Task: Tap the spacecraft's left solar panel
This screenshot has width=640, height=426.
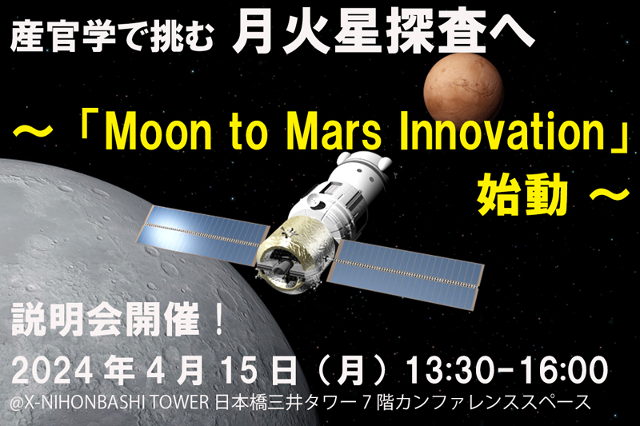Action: pyautogui.click(x=203, y=235)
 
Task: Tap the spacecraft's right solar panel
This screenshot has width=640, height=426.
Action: pyautogui.click(x=406, y=272)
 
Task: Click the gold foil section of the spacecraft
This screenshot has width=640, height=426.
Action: pyautogui.click(x=294, y=249)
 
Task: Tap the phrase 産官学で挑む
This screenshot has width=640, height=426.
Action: pyautogui.click(x=111, y=38)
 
